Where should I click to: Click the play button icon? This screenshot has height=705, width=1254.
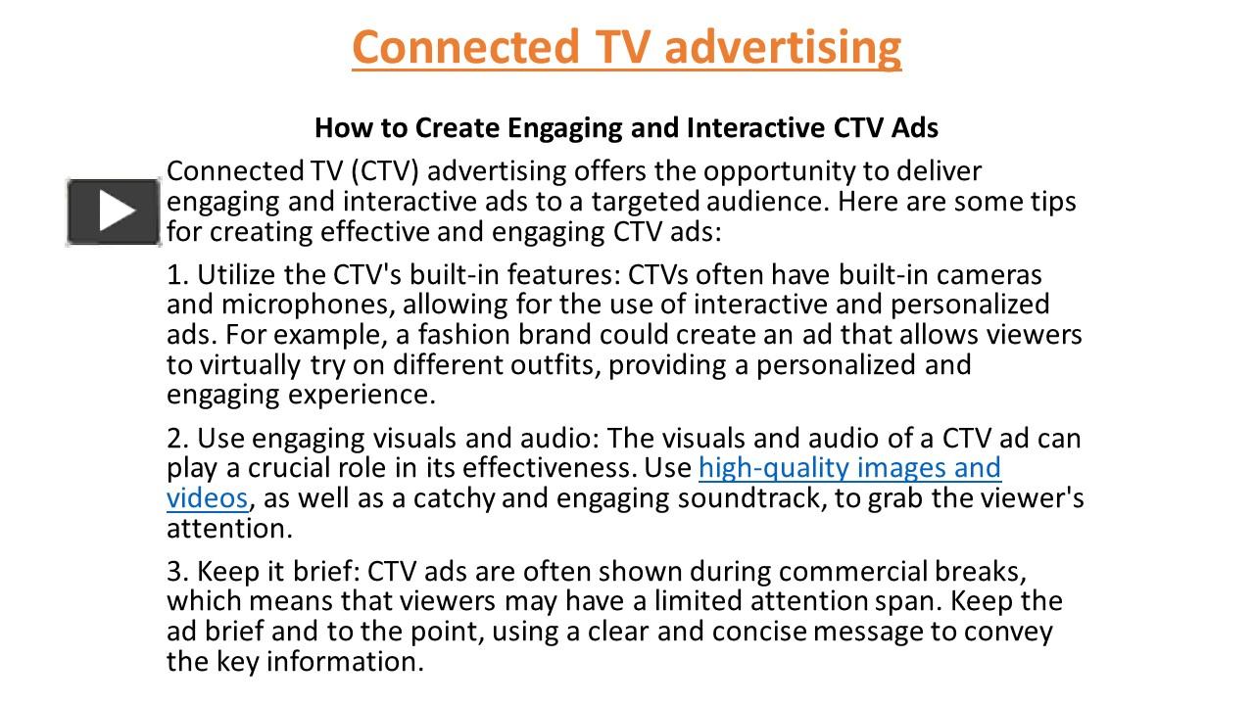click(114, 211)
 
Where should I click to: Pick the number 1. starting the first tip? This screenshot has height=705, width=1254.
click(177, 275)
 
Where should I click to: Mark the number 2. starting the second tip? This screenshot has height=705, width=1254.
click(177, 438)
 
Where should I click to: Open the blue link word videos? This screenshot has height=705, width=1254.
click(207, 498)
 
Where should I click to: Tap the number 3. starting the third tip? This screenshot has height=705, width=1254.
click(177, 571)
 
